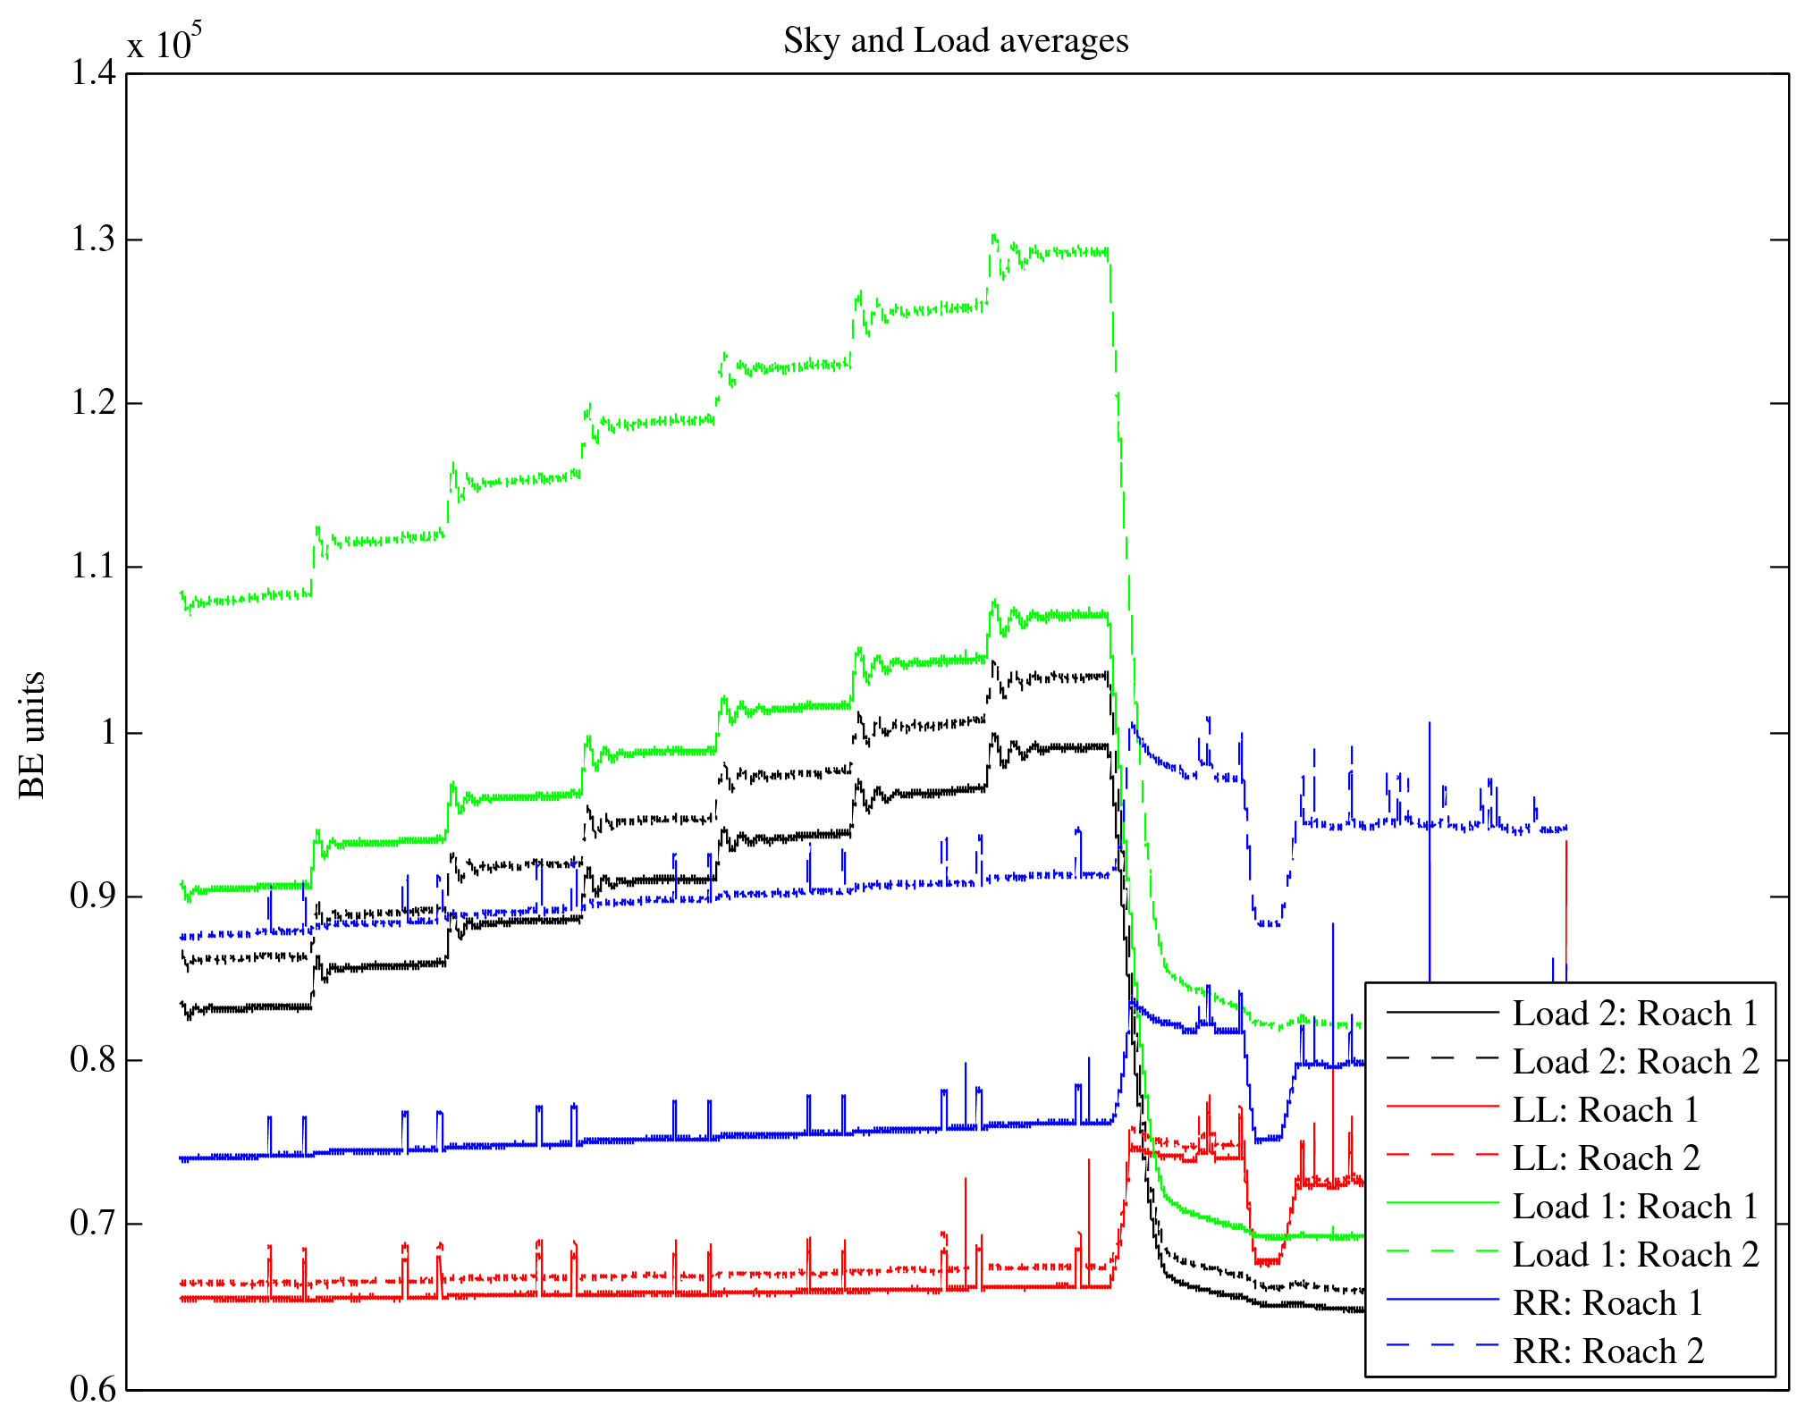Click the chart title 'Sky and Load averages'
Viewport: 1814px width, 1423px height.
(x=956, y=41)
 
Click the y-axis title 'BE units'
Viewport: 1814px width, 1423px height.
(x=32, y=735)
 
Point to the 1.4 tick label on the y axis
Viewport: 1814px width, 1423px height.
(x=93, y=73)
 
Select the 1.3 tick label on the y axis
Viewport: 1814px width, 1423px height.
(x=93, y=240)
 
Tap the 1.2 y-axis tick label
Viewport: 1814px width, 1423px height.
(x=93, y=403)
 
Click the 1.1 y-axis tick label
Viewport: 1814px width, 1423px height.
(x=93, y=567)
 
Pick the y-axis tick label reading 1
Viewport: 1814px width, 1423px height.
(x=108, y=733)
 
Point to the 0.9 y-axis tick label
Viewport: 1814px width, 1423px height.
(x=93, y=897)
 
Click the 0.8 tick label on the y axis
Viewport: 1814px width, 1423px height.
(x=93, y=1060)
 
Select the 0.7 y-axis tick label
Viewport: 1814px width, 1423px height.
(x=93, y=1224)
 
